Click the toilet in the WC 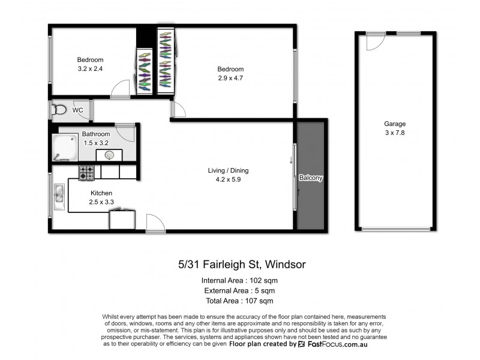pyautogui.click(x=59, y=110)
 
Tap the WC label pyautogui.click(x=78, y=110)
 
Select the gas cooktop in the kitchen pyautogui.click(x=86, y=173)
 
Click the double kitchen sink pyautogui.click(x=59, y=196)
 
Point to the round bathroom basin pyautogui.click(x=109, y=155)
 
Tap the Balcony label pyautogui.click(x=311, y=178)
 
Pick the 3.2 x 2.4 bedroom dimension pyautogui.click(x=90, y=69)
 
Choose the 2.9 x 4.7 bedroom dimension pyautogui.click(x=230, y=78)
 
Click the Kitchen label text pyautogui.click(x=101, y=193)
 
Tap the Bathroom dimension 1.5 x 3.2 pyautogui.click(x=96, y=142)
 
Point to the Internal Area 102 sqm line pyautogui.click(x=239, y=280)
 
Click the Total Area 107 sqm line pyautogui.click(x=239, y=301)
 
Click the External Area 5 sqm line pyautogui.click(x=239, y=290)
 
